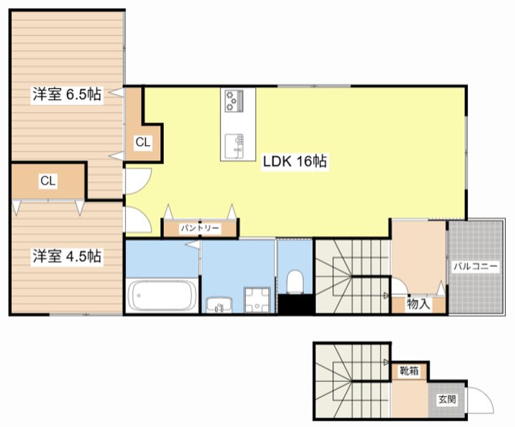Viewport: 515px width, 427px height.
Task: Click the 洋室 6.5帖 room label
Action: pyautogui.click(x=67, y=94)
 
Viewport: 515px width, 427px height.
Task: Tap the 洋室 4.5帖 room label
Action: pyautogui.click(x=67, y=256)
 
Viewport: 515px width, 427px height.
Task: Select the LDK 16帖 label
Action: pyautogui.click(x=295, y=161)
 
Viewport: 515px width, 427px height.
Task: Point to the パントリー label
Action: pyautogui.click(x=200, y=228)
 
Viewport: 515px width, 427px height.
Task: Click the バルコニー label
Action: pyautogui.click(x=476, y=266)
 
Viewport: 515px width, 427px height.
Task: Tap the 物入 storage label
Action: pyautogui.click(x=418, y=304)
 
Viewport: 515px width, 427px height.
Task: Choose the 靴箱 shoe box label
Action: pyautogui.click(x=409, y=371)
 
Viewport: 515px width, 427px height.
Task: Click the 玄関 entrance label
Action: pyautogui.click(x=447, y=399)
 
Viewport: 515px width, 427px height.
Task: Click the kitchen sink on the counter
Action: pyautogui.click(x=234, y=145)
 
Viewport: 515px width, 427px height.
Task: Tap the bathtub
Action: pyautogui.click(x=162, y=295)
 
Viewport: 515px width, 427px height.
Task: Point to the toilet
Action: pyautogui.click(x=294, y=282)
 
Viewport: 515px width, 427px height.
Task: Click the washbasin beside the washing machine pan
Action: pyautogui.click(x=219, y=305)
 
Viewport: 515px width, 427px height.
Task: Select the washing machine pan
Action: pyautogui.click(x=257, y=300)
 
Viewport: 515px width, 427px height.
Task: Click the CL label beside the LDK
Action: pyautogui.click(x=143, y=142)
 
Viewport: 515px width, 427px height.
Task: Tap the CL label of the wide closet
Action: pyautogui.click(x=48, y=181)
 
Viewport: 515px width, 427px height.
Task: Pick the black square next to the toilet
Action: pyautogui.click(x=296, y=304)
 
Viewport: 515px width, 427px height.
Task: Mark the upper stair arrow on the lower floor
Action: pyautogui.click(x=386, y=363)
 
